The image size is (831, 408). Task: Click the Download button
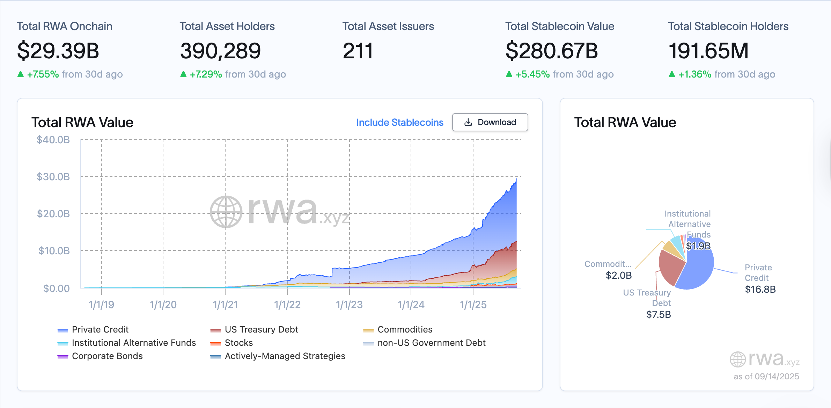point(490,122)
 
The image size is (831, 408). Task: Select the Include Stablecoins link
point(399,122)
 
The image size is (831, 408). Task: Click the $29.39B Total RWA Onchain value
point(58,51)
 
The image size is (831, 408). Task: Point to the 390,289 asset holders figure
point(220,51)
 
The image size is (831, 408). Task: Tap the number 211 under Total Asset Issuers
point(358,51)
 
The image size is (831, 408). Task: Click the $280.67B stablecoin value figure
point(552,51)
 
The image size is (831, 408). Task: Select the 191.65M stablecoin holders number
point(708,51)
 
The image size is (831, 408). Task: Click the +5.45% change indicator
point(532,74)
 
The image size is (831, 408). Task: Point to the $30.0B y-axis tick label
point(53,177)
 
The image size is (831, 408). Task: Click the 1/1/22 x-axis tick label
point(287,305)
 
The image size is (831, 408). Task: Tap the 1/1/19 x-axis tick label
point(101,305)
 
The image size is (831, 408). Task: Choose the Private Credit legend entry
point(100,329)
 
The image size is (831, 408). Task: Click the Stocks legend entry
point(238,343)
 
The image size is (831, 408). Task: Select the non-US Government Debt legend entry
point(431,343)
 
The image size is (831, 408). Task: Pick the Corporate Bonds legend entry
point(107,356)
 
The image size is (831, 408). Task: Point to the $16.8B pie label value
point(760,289)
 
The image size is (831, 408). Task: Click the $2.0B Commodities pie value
point(619,275)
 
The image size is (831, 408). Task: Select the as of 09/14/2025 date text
point(766,376)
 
